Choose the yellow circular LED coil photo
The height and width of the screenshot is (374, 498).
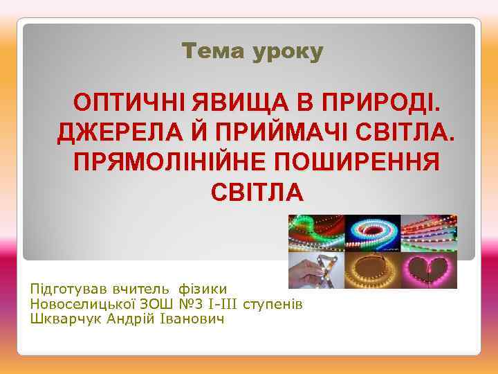click(373, 269)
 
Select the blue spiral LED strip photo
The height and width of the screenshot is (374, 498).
click(373, 233)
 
